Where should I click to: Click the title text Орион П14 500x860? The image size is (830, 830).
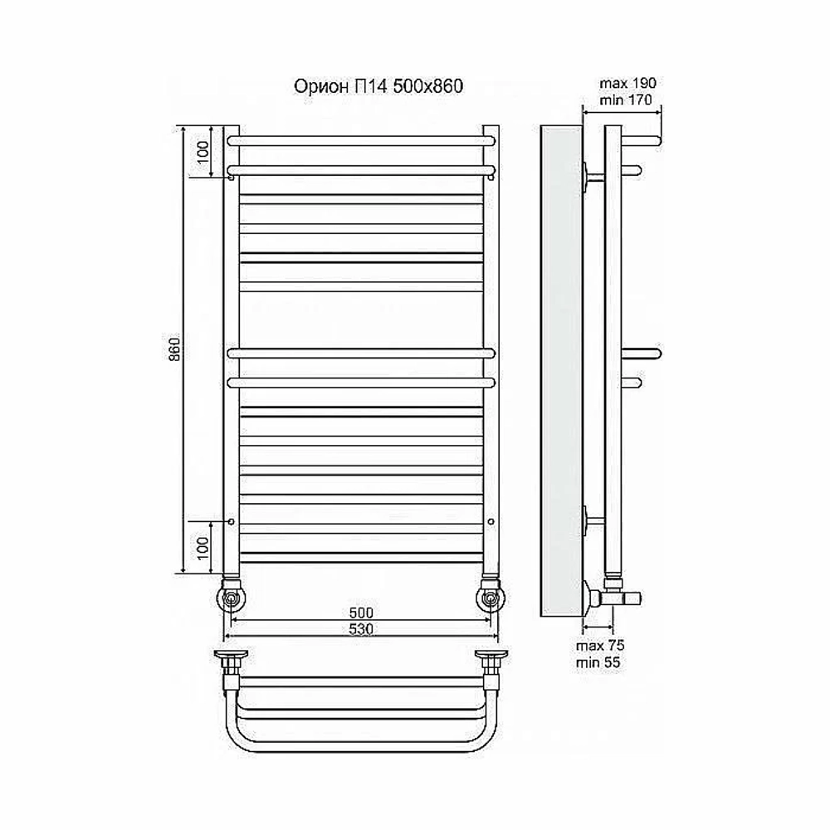pyautogui.click(x=378, y=85)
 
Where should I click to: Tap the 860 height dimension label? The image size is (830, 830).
pyautogui.click(x=174, y=348)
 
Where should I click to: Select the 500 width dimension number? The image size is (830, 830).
pyautogui.click(x=362, y=613)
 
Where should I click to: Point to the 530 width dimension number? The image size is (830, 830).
pyautogui.click(x=362, y=629)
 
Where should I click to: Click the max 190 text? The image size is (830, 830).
pyautogui.click(x=627, y=83)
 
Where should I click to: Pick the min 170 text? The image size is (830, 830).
pyautogui.click(x=626, y=100)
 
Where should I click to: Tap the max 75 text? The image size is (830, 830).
pyautogui.click(x=600, y=646)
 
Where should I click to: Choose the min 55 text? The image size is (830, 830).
pyautogui.click(x=598, y=662)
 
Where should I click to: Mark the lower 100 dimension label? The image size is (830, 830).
pyautogui.click(x=203, y=549)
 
